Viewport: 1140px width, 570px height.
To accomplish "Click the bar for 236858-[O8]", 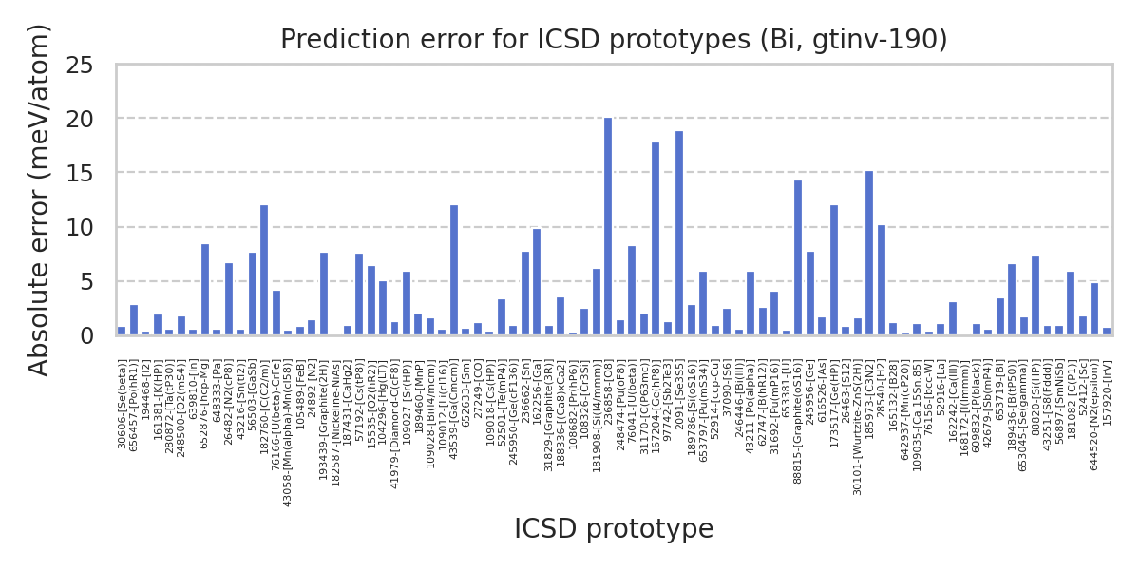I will pos(608,227).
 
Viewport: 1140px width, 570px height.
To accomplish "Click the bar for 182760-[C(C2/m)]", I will pos(264,271).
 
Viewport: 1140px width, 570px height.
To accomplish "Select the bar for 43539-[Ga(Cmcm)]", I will pos(454,271).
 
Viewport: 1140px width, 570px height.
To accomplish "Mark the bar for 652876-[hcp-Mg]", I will pos(205,290).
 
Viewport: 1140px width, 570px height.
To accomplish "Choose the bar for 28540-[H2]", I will pos(882,280).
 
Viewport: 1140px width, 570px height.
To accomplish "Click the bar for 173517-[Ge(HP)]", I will pos(834,271).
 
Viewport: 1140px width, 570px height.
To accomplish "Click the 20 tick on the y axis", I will pos(94,120).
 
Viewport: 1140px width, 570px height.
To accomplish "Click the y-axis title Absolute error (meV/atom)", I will pos(39,199).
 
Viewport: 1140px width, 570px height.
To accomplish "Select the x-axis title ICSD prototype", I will pos(614,529).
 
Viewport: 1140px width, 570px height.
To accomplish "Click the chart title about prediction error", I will pos(614,40).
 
